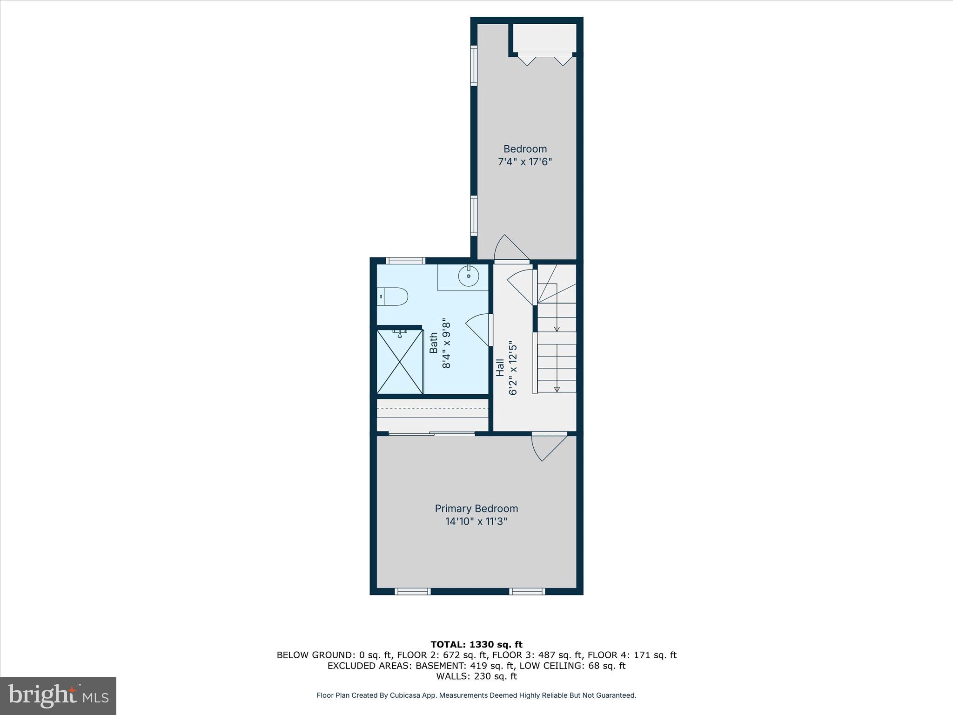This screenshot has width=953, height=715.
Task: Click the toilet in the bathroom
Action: tap(394, 296)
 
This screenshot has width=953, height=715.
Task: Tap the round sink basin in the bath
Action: tap(469, 277)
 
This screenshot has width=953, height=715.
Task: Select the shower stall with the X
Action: tap(400, 362)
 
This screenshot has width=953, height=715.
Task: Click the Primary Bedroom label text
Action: tap(476, 508)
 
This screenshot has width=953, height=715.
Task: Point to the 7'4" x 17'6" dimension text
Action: tap(525, 162)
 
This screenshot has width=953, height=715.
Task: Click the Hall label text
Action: tap(500, 367)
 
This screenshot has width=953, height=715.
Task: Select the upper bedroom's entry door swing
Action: tap(509, 249)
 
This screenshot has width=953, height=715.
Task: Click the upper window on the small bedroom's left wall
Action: tap(474, 66)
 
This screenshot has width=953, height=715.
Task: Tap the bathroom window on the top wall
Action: tap(406, 261)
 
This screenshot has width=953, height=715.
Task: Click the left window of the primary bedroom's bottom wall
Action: tap(412, 591)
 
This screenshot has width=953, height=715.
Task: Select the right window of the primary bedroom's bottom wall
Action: tap(527, 591)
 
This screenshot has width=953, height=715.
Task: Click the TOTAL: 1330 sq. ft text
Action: tap(476, 644)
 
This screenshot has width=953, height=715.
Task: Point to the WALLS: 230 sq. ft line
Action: tap(476, 676)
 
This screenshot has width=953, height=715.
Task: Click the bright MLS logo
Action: tap(58, 695)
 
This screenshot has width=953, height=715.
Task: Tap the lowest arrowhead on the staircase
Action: tap(557, 389)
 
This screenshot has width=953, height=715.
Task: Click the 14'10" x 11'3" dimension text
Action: tap(476, 521)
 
